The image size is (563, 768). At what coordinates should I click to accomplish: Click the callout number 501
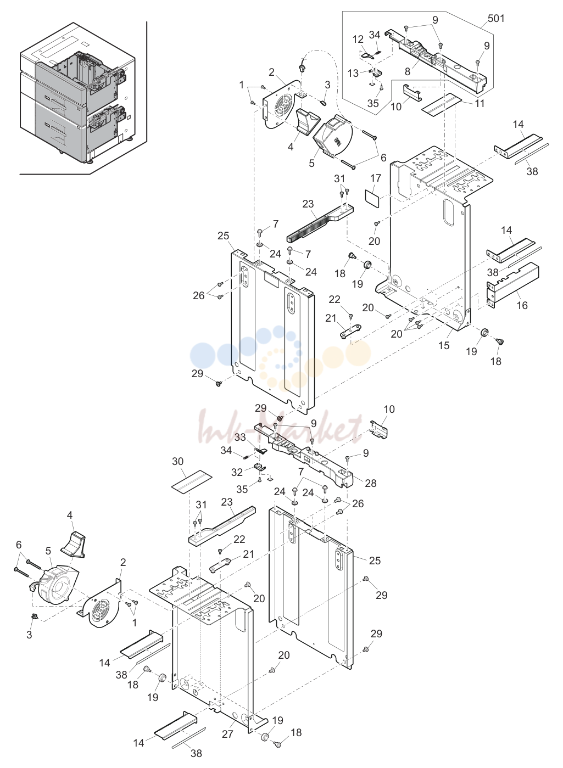pos(496,18)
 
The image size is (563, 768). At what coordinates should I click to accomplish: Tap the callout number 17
pos(376,178)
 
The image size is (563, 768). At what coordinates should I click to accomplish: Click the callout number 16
pos(522,305)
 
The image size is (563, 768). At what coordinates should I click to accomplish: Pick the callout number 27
pos(227,734)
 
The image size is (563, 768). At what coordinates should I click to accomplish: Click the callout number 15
pos(444,345)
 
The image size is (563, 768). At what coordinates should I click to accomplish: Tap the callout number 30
pos(178,461)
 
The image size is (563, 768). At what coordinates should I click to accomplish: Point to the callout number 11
pos(480,103)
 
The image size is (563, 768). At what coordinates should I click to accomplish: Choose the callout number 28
pos(371,483)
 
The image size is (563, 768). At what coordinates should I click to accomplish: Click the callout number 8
pos(407,71)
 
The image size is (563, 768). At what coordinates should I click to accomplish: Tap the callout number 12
pos(358,39)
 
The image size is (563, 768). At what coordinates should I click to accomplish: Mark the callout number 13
pos(353,73)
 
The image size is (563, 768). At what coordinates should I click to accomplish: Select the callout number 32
pos(237,472)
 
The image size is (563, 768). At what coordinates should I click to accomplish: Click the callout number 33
pos(240,437)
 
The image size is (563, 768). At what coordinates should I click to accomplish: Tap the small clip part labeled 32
pos(259,466)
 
